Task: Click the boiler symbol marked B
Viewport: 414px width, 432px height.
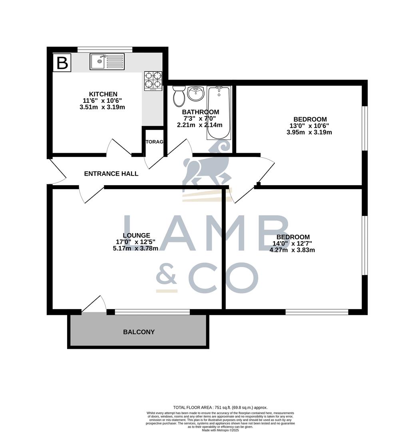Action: [62, 63]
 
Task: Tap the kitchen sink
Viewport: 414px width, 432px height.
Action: [107, 62]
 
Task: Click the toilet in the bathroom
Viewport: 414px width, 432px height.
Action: [179, 95]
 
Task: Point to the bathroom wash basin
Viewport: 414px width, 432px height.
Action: [196, 94]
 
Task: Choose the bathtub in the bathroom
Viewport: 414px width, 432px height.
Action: [219, 113]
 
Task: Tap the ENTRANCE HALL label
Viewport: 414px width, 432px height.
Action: [111, 174]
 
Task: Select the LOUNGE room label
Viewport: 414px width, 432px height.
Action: [136, 236]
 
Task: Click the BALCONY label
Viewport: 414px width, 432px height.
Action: [139, 332]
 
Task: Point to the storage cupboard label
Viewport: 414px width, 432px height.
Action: [154, 142]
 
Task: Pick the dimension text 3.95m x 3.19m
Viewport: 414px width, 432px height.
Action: [309, 132]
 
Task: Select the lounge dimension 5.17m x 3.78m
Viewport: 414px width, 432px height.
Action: [135, 248]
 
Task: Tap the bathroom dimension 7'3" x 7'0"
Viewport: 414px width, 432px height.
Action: [199, 118]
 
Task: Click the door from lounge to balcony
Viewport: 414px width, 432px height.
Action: [94, 305]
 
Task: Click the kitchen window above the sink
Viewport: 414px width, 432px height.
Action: [105, 49]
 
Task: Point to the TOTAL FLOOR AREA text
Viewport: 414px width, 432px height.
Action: [220, 408]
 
